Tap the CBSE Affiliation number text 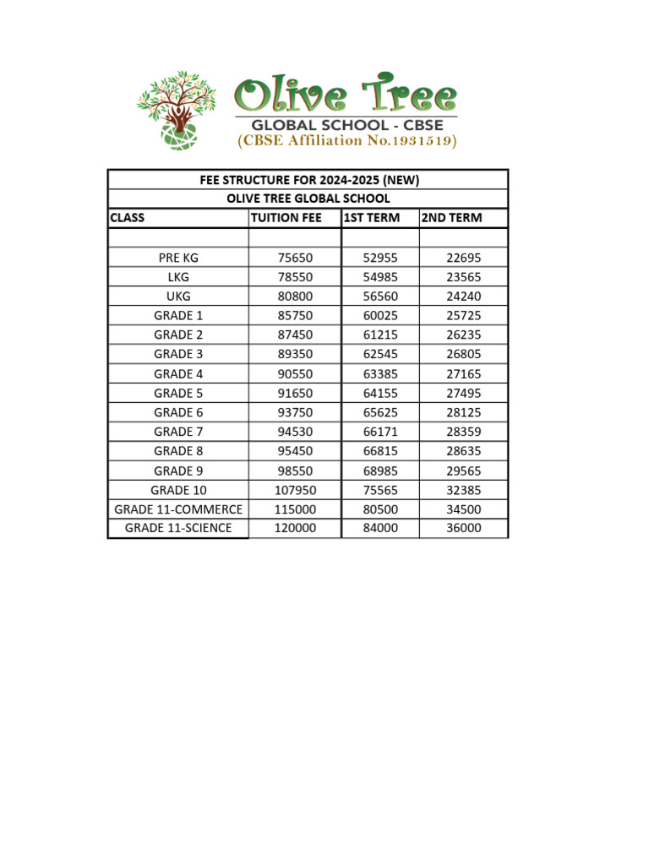click(x=346, y=140)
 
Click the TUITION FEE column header click(x=286, y=218)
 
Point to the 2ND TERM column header click(x=452, y=218)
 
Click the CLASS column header click(x=128, y=218)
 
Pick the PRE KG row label click(x=178, y=258)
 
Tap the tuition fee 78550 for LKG click(x=295, y=277)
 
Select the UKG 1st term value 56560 click(x=379, y=296)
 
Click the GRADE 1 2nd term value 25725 click(x=464, y=315)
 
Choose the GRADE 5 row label click(x=178, y=393)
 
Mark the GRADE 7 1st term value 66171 click(x=379, y=432)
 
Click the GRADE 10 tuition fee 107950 click(x=295, y=490)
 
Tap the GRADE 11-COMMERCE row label click(x=178, y=509)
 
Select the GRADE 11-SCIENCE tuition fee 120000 click(x=295, y=528)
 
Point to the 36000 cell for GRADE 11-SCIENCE click(x=464, y=528)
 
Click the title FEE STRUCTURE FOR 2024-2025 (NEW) click(x=308, y=180)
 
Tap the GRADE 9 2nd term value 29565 click(x=464, y=471)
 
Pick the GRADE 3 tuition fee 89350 click(x=295, y=354)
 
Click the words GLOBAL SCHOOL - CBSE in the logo click(x=346, y=124)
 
